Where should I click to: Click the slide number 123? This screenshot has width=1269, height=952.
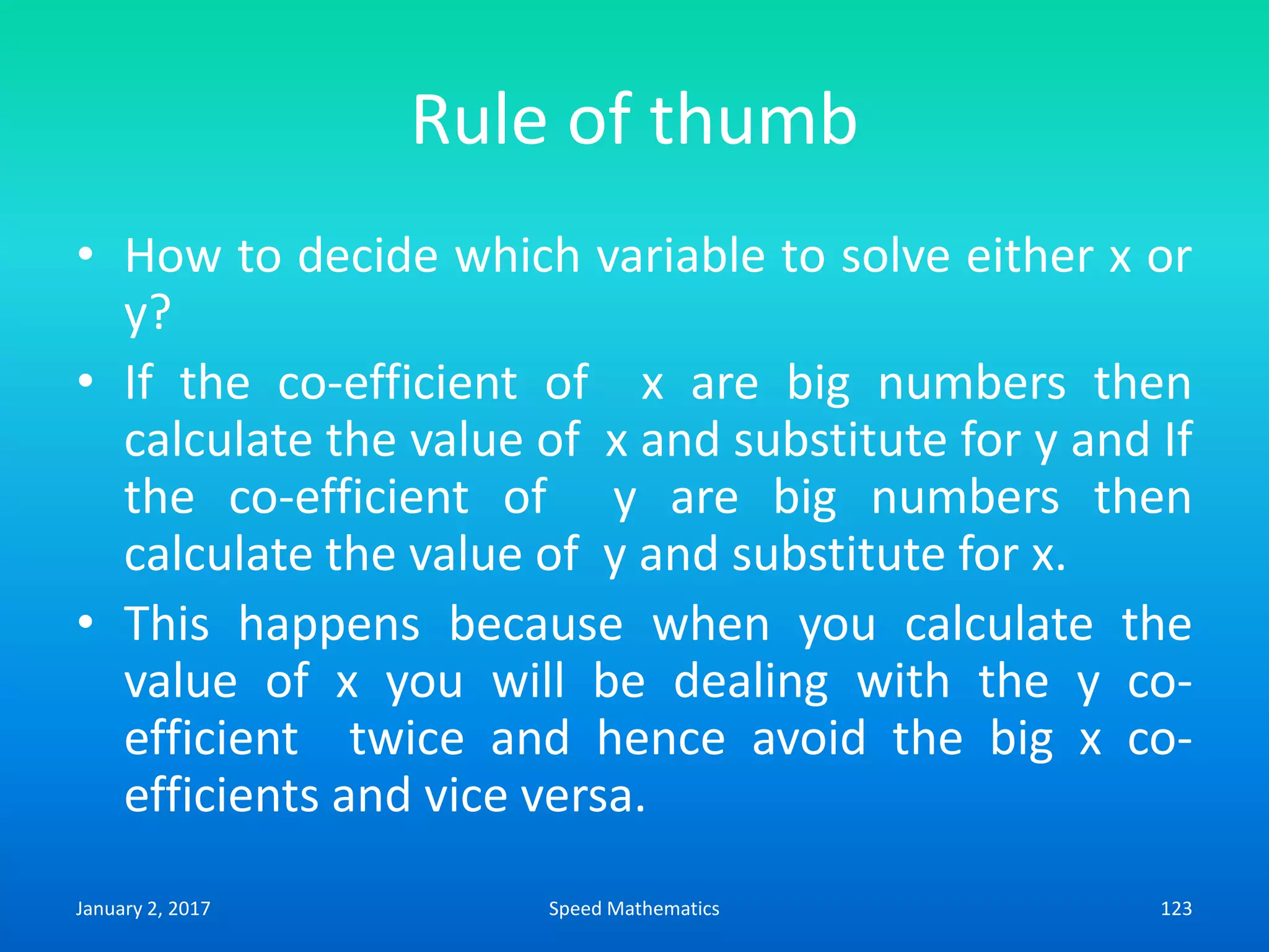point(1175,908)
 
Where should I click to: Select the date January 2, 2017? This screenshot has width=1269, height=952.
point(143,908)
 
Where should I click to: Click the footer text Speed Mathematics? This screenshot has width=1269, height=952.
point(634,908)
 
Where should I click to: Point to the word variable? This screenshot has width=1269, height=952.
point(681,255)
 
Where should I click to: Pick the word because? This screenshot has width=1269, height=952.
point(535,624)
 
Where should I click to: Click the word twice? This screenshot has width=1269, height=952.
point(406,738)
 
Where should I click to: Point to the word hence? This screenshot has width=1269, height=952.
point(661,738)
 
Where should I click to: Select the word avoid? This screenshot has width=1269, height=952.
point(809,738)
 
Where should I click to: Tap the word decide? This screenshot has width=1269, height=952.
point(368,255)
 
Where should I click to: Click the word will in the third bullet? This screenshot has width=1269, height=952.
point(528,681)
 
